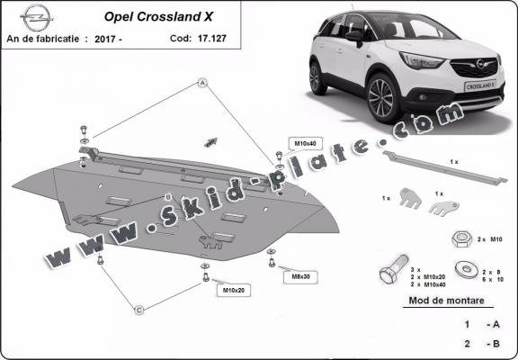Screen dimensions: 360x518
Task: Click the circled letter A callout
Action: pyautogui.click(x=203, y=82)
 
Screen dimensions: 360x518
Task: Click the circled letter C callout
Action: pyautogui.click(x=139, y=310)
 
